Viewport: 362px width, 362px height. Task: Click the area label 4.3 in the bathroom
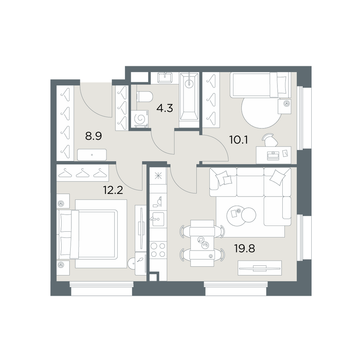coord(165,108)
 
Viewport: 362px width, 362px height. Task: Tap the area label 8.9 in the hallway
coord(93,136)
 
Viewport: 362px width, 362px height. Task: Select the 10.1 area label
coord(239,140)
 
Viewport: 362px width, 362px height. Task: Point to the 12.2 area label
coord(113,190)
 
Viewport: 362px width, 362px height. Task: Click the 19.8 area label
coord(245,249)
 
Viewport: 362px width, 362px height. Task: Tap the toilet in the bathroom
coord(145,97)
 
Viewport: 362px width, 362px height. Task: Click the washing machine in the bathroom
coord(141,118)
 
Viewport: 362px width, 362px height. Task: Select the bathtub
coord(189,100)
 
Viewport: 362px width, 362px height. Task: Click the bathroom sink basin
coord(165,78)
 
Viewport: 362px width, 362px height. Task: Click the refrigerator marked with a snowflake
coord(158,176)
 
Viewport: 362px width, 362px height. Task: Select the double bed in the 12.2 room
coord(92,233)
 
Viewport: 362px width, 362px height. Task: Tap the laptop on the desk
coord(273,155)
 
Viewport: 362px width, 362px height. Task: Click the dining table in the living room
coord(202,243)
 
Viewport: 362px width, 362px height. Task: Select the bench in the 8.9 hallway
coord(92,155)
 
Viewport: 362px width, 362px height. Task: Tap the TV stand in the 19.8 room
coord(260,268)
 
